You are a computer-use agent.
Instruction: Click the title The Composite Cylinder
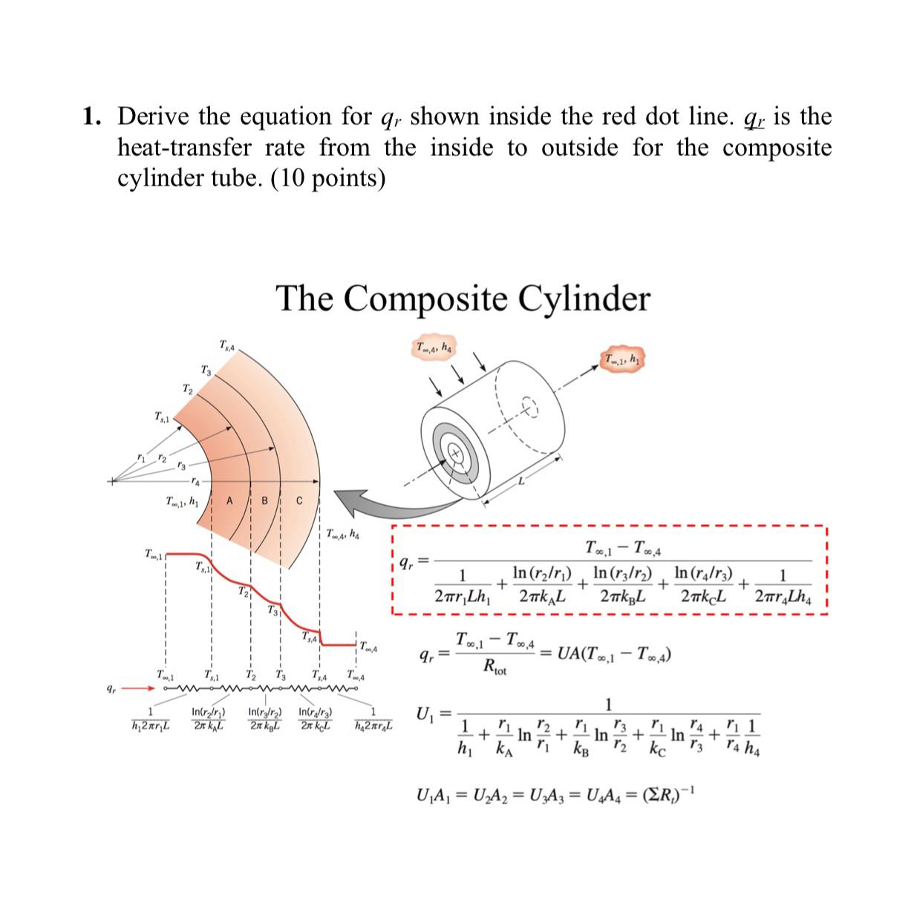point(463,298)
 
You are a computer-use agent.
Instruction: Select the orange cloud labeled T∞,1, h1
point(622,360)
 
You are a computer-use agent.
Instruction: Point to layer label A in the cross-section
point(229,500)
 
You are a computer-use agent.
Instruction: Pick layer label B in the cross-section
point(264,500)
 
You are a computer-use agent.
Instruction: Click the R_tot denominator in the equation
point(495,668)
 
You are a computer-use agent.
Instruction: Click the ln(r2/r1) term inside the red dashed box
point(542,574)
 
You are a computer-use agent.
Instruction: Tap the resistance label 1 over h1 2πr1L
point(151,719)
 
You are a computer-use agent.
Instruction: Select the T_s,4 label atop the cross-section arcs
point(227,345)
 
